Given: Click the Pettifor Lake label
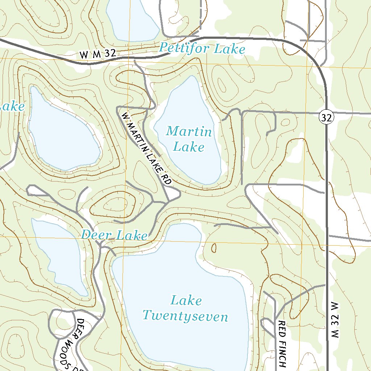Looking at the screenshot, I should pyautogui.click(x=202, y=48).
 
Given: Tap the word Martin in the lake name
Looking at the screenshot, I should pyautogui.click(x=189, y=131).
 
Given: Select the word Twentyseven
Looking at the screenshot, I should pyautogui.click(x=185, y=316).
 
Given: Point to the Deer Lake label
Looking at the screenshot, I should pyautogui.click(x=114, y=235).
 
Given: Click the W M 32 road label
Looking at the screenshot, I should pyautogui.click(x=98, y=54).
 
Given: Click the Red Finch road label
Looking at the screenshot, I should pyautogui.click(x=283, y=343).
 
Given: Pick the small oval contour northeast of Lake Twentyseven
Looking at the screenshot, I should pyautogui.click(x=214, y=248).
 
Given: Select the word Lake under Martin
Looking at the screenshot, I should pyautogui.click(x=188, y=147).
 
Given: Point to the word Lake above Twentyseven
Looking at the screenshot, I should pyautogui.click(x=186, y=300).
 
